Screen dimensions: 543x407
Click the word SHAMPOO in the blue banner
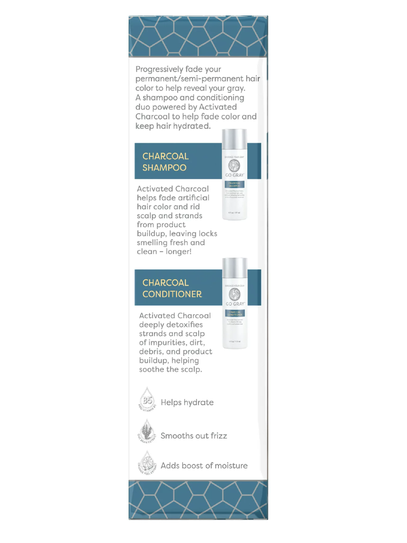point(164,168)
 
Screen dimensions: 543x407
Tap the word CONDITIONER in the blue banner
point(172,294)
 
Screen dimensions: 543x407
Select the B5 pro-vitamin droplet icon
point(147,399)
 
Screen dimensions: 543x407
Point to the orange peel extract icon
point(147,462)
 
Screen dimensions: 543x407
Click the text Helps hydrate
point(187,402)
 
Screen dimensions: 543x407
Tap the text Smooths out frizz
point(193,436)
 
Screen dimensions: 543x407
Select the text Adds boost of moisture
point(204,466)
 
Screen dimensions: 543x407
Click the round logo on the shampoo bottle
point(234,165)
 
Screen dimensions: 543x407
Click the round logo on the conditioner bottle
point(235,294)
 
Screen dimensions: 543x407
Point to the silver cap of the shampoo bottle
point(234,139)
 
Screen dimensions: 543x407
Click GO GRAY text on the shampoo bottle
point(234,175)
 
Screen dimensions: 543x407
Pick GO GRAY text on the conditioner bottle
point(235,304)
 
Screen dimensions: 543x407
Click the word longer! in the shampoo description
point(179,252)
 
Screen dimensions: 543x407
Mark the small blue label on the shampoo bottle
point(234,184)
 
